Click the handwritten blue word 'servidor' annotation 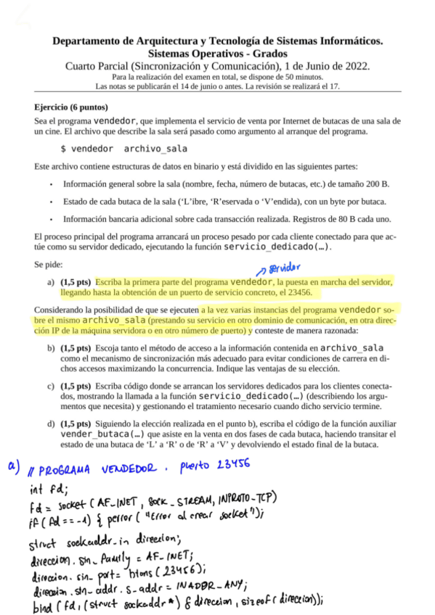click(284, 268)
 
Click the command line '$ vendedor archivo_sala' click(123, 149)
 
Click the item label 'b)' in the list click(51, 349)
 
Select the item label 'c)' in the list click(51, 387)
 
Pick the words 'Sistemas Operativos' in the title click(194, 54)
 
